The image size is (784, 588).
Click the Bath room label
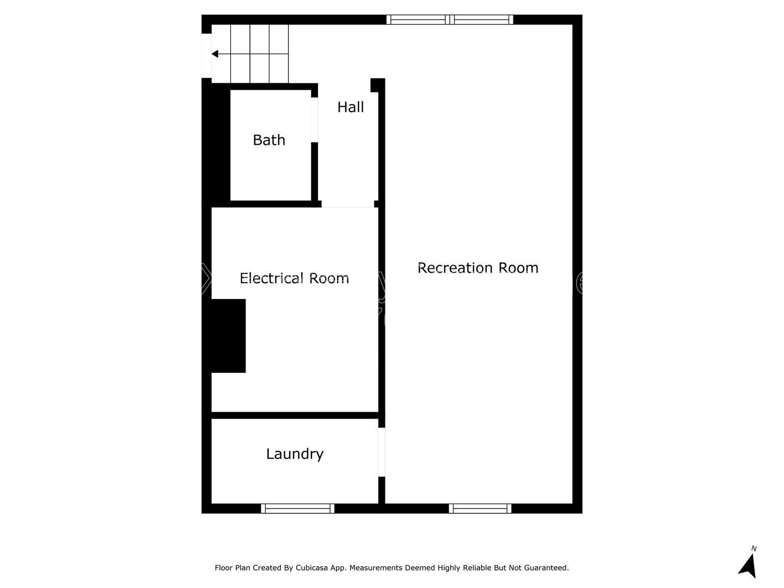tap(269, 140)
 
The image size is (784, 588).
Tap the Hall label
tap(351, 107)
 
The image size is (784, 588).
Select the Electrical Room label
tap(294, 278)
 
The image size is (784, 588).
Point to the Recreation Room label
tap(477, 268)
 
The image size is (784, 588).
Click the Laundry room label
tap(295, 454)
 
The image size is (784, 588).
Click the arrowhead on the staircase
tap(215, 54)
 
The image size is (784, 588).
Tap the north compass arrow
tap(748, 566)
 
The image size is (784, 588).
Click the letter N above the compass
tap(754, 549)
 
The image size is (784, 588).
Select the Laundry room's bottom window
tap(297, 509)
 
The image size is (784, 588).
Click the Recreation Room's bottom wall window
tap(480, 509)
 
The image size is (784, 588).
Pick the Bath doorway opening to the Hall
tap(314, 120)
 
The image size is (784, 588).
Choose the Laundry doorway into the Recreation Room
tap(382, 452)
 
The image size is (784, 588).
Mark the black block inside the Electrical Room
tap(228, 336)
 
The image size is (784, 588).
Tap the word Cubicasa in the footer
tap(311, 568)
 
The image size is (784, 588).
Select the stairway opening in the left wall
tap(206, 56)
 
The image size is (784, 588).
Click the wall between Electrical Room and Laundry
tap(295, 415)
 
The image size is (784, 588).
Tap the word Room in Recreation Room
tap(518, 268)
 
